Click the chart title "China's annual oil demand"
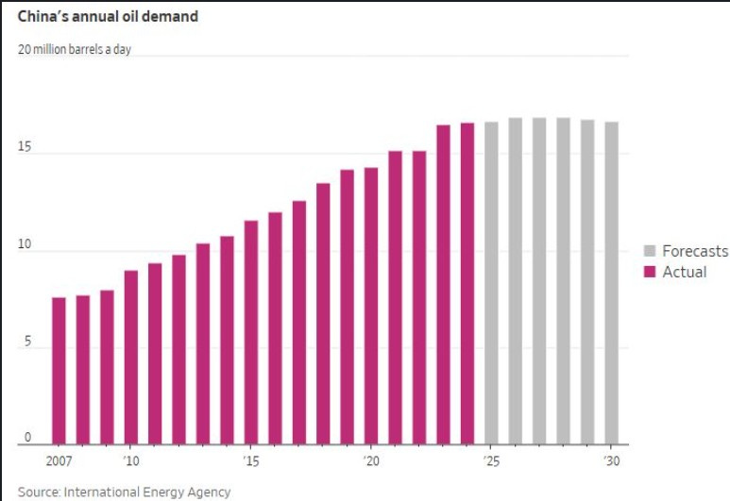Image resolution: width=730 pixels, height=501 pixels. [107, 16]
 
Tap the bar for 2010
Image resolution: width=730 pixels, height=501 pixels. [131, 358]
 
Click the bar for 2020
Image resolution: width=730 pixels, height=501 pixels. [371, 307]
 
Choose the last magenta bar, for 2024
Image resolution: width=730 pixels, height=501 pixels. [467, 284]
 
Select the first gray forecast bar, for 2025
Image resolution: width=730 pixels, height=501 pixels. [491, 283]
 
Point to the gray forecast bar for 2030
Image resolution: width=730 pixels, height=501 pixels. [611, 283]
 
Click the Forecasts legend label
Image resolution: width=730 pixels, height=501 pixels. [695, 251]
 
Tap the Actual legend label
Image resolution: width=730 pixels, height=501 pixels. [685, 272]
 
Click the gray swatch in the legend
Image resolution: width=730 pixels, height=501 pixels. [650, 251]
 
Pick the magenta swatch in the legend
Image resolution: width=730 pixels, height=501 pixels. [650, 272]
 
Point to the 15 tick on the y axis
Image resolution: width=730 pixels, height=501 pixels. [25, 148]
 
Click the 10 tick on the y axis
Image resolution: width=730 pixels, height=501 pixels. [25, 245]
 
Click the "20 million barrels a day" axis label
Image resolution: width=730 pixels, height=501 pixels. [75, 49]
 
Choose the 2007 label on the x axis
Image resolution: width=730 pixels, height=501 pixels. [59, 461]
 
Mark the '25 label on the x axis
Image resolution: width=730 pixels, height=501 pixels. [491, 461]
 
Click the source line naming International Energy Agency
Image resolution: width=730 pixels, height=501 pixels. [124, 492]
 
